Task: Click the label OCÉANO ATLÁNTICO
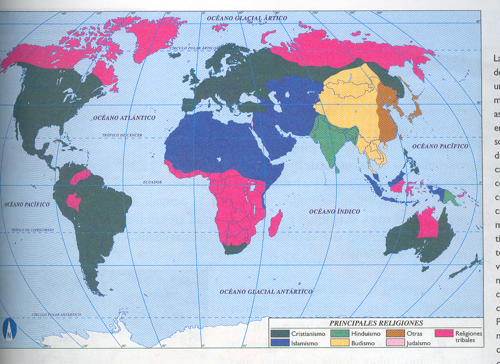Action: (x=125, y=117)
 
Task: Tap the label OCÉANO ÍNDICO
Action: (x=334, y=211)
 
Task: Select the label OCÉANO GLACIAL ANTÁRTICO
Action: (x=266, y=291)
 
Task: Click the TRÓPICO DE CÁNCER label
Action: (x=121, y=135)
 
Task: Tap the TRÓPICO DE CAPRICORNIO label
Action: (x=33, y=230)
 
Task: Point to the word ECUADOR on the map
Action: (x=152, y=182)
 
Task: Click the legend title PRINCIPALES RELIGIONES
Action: (x=376, y=323)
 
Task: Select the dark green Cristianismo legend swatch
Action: (x=280, y=334)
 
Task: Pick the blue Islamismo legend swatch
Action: (x=280, y=343)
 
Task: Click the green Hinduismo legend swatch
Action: (x=339, y=334)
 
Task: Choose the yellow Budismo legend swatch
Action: (x=339, y=343)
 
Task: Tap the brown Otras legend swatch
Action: (x=395, y=334)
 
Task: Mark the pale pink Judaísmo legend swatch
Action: (x=395, y=343)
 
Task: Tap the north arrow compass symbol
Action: (x=9, y=329)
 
